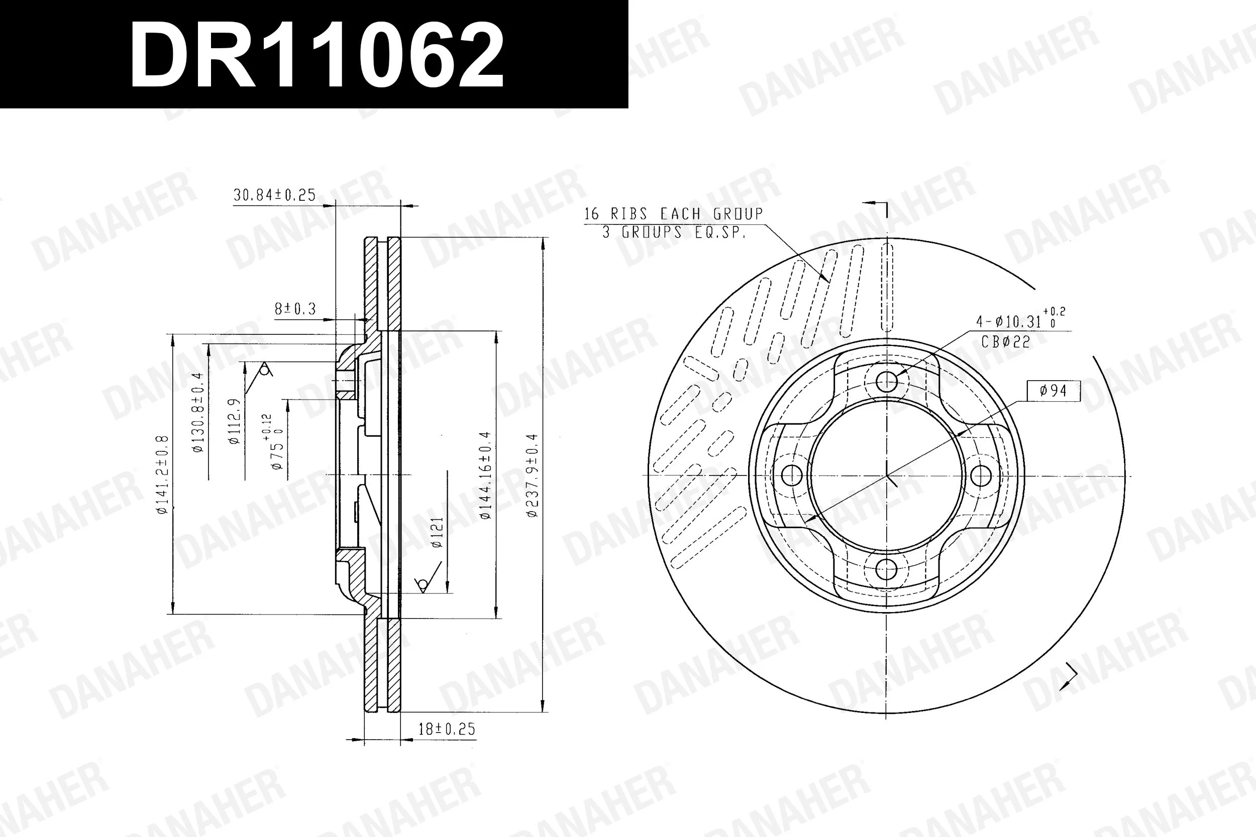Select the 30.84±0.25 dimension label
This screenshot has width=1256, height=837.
click(x=274, y=195)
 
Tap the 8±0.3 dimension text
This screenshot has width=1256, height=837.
click(x=295, y=308)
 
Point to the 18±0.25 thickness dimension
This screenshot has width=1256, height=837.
click(x=447, y=729)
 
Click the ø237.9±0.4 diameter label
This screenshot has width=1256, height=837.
click(x=533, y=475)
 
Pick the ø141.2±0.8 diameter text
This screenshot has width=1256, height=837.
click(x=162, y=475)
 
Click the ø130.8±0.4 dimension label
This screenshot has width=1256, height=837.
click(x=197, y=412)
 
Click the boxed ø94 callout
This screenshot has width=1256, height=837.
click(x=1053, y=391)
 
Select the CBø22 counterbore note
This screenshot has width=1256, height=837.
click(x=1005, y=342)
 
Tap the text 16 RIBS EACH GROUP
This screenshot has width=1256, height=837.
click(x=673, y=214)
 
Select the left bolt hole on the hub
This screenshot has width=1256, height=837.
click(x=792, y=475)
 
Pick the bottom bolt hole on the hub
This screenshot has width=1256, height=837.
click(x=886, y=569)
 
